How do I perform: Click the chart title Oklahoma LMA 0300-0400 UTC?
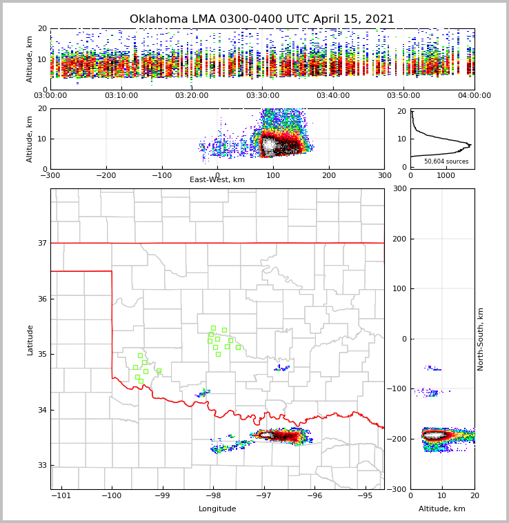coord(262,19)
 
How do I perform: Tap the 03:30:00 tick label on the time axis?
coord(263,95)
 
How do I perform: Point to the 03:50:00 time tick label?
coord(403,95)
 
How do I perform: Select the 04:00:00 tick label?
coord(474,95)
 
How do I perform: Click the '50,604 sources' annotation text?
coord(446,161)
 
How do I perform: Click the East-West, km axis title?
coord(217,180)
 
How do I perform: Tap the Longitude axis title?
coord(217,509)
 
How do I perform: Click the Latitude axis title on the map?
coord(30,339)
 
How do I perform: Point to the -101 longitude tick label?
coord(61,495)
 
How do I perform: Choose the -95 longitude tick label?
coord(366,495)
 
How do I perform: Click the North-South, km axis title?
coord(481,339)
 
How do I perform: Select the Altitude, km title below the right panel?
coord(442,509)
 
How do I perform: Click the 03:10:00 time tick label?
coord(121,95)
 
